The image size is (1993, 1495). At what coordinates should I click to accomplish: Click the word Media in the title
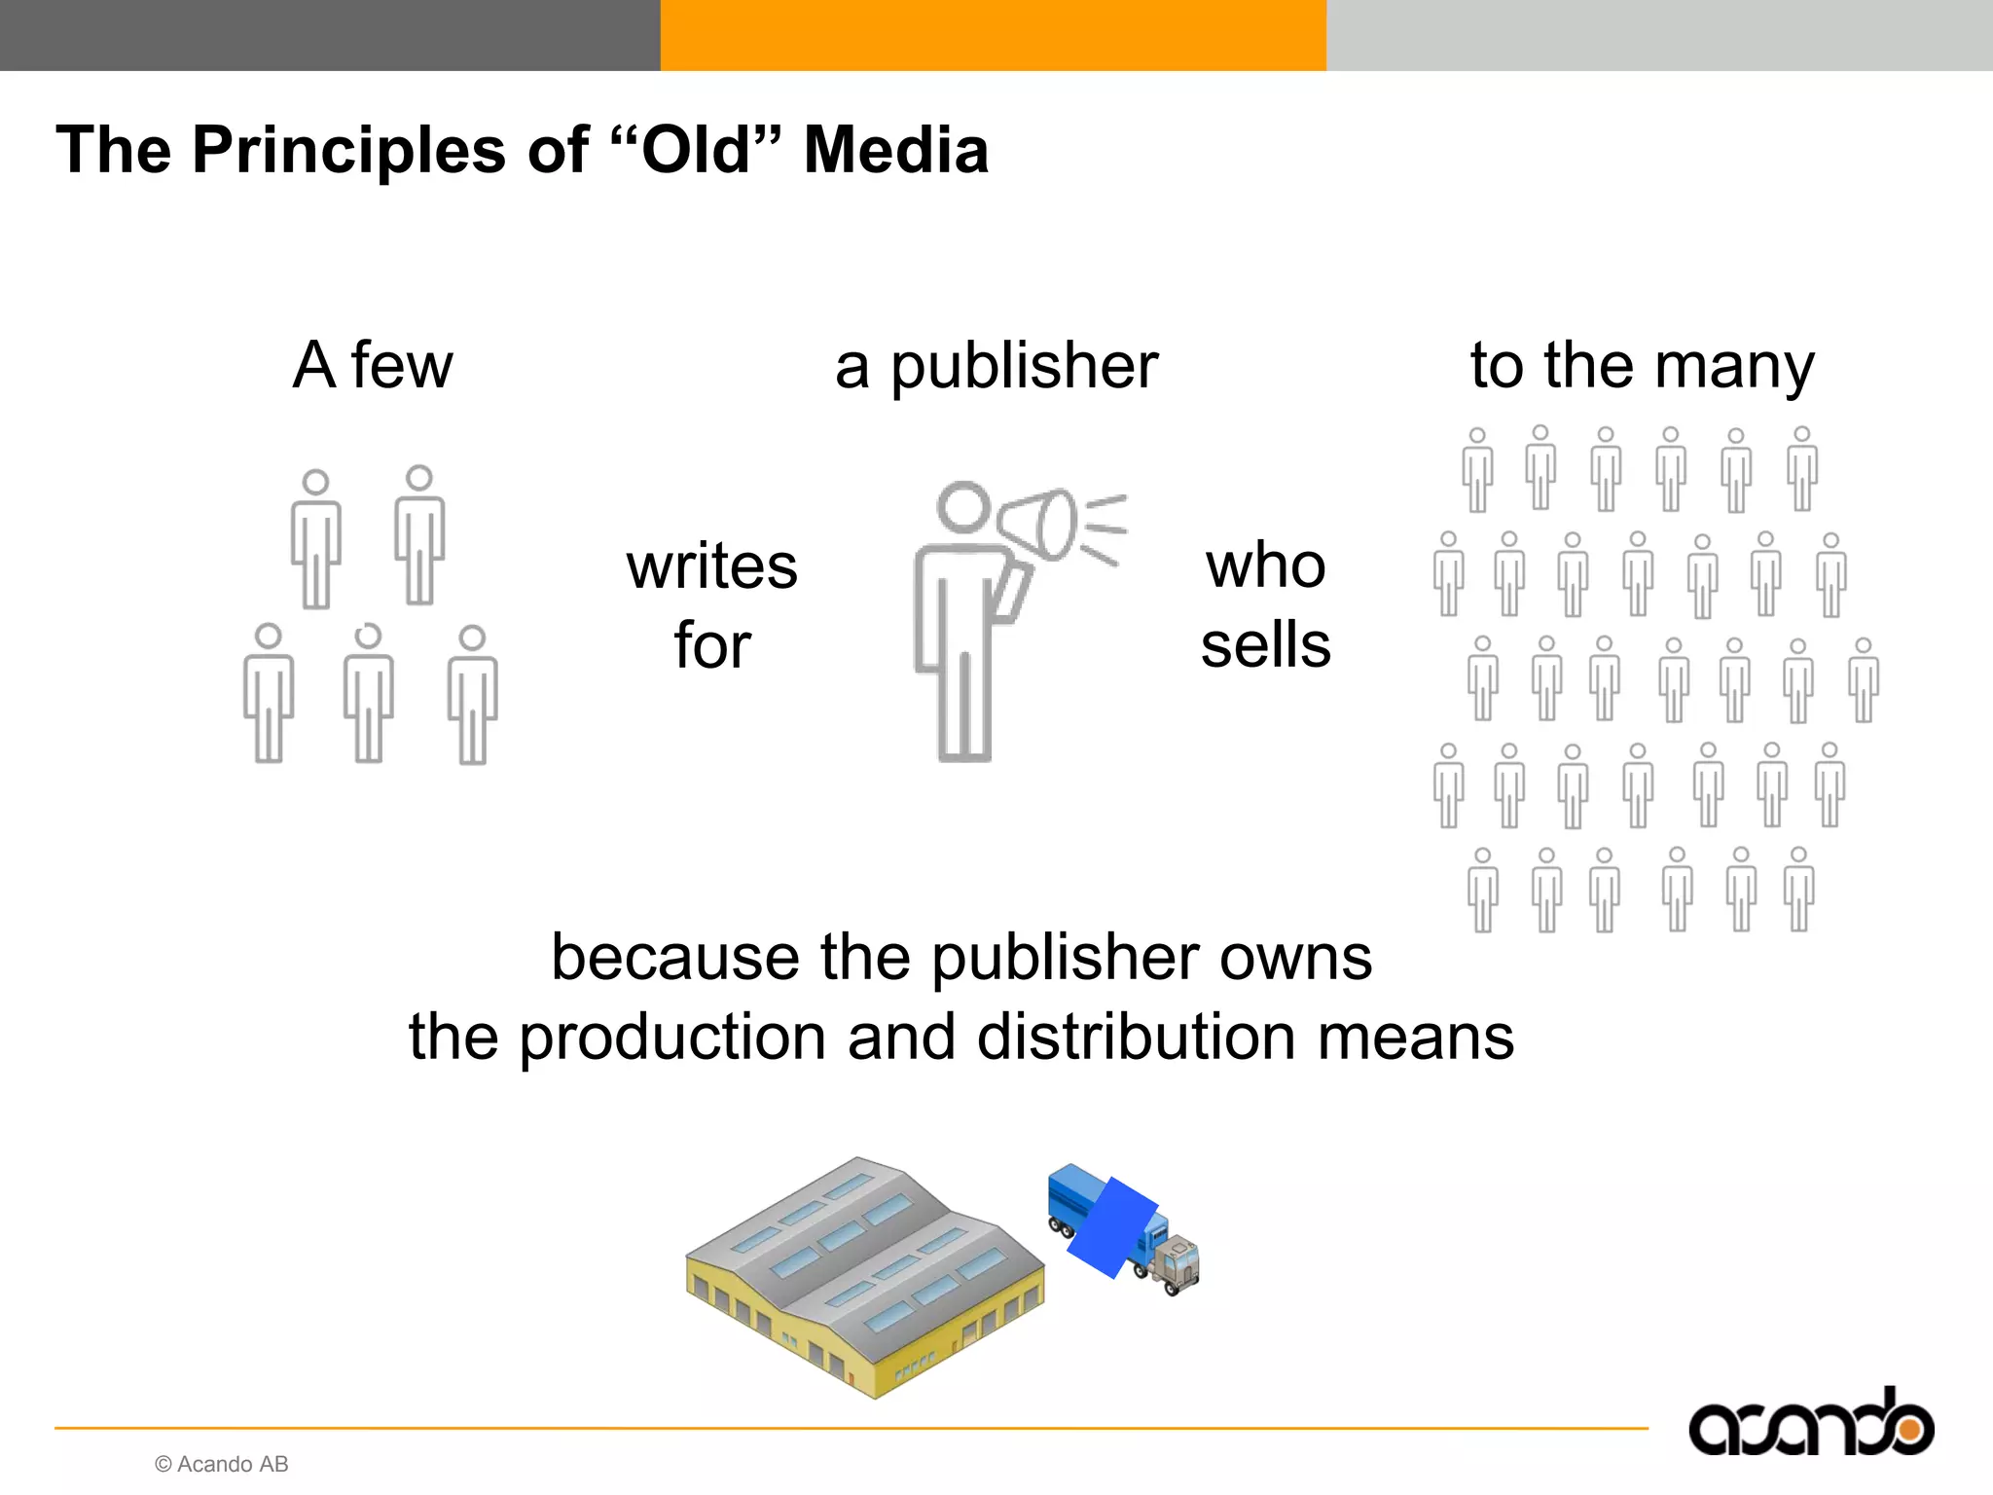[x=895, y=151]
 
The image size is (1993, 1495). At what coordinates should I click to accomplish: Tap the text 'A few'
[x=373, y=365]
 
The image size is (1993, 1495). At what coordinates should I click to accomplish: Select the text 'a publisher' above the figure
[x=996, y=367]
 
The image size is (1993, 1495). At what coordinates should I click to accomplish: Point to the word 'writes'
[x=711, y=566]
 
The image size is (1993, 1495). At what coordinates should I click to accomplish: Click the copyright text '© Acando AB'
[x=222, y=1464]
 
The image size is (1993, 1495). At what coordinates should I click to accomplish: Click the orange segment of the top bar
[x=993, y=35]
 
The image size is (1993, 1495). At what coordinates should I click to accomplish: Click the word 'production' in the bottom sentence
[x=672, y=1037]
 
